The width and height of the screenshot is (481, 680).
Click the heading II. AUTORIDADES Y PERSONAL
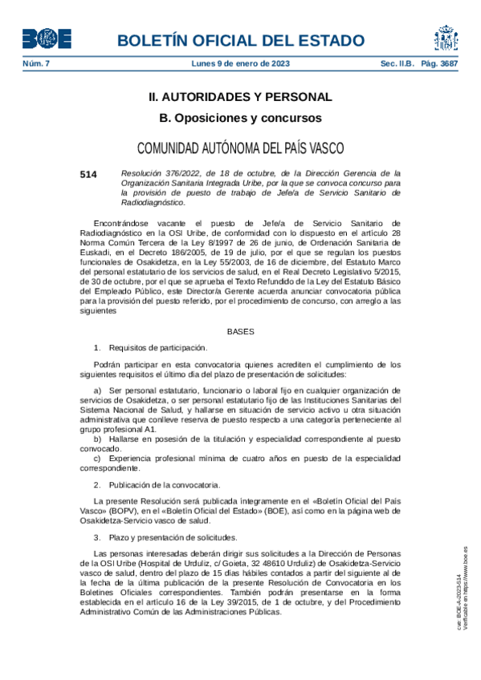[x=240, y=97]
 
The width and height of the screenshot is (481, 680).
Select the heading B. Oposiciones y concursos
[x=240, y=118]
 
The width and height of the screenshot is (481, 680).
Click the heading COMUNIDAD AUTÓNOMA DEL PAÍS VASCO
[x=240, y=148]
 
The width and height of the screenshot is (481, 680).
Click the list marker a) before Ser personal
[x=99, y=389]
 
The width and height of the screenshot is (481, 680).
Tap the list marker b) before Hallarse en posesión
[x=99, y=440]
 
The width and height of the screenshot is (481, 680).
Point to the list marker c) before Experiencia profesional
[x=99, y=458]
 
